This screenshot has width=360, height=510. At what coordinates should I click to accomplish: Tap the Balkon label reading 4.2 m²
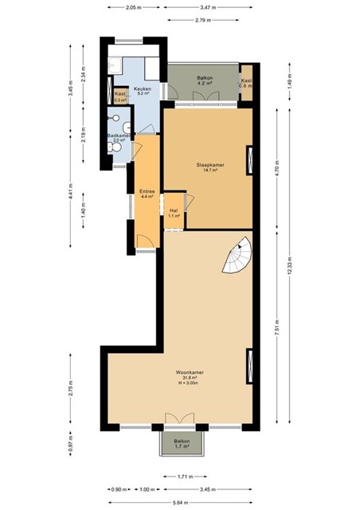pyautogui.click(x=205, y=80)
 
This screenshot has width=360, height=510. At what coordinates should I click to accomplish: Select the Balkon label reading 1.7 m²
pyautogui.click(x=182, y=444)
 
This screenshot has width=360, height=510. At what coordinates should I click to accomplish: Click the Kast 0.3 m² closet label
pyautogui.click(x=119, y=96)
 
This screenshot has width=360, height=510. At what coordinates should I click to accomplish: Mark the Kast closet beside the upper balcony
pyautogui.click(x=247, y=83)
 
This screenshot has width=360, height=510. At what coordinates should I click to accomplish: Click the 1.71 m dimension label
pyautogui.click(x=183, y=477)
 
